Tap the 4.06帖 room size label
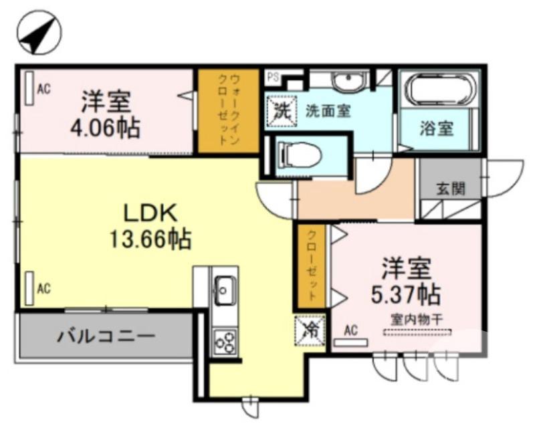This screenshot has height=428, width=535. pyautogui.click(x=107, y=126)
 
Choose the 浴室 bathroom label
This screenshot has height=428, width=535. pyautogui.click(x=436, y=128)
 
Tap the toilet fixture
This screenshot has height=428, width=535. pyautogui.click(x=299, y=156)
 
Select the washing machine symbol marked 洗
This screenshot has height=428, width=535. pyautogui.click(x=280, y=110)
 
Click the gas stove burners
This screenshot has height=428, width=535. pyautogui.click(x=225, y=342)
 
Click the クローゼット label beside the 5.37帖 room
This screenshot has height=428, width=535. pyautogui.click(x=312, y=265)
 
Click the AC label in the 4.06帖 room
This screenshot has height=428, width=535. pyautogui.click(x=43, y=88)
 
